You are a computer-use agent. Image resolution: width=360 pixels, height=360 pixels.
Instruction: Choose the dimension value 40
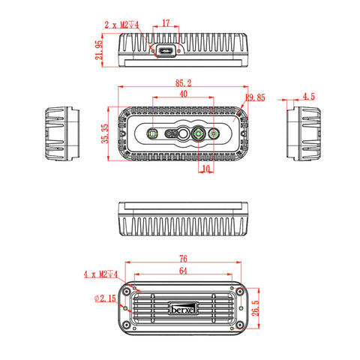coord(183,94)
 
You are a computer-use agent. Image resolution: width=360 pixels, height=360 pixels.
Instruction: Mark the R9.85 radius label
coord(255,97)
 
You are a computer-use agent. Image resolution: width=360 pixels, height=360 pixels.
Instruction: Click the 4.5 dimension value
coord(308,97)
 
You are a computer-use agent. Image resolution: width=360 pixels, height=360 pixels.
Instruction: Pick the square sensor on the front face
coord(153,134)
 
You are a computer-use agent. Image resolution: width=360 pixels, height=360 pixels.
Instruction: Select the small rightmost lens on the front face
coord(216,134)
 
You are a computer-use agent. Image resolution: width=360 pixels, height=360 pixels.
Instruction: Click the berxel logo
coord(183,307)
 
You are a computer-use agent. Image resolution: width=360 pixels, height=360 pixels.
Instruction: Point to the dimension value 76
coord(182,259)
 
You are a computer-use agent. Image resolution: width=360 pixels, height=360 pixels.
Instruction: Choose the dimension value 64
coord(183,271)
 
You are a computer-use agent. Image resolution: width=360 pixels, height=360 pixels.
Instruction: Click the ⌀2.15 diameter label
coord(105,298)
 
